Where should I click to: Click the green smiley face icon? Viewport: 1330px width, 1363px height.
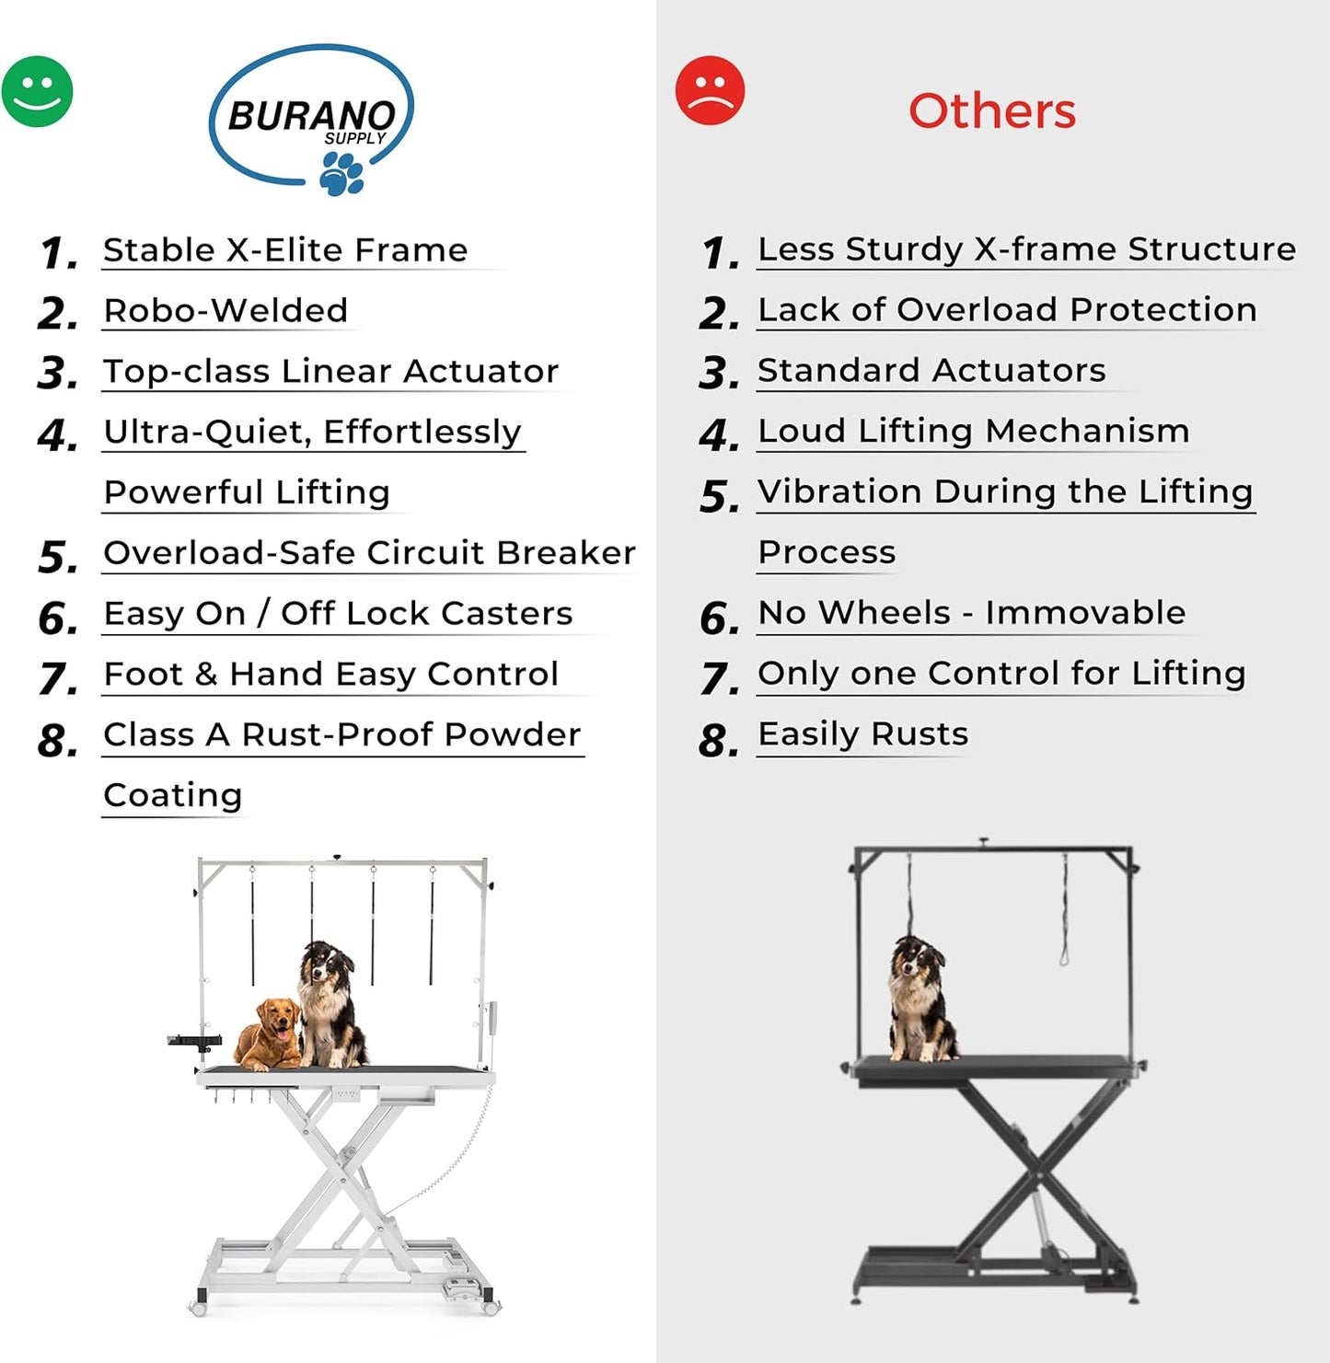[x=37, y=92]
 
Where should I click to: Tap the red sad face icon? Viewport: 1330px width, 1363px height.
[x=710, y=90]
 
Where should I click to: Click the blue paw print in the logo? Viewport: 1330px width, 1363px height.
[x=341, y=173]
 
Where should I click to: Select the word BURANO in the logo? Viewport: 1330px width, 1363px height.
[x=310, y=116]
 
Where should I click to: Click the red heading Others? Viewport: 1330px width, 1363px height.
[x=991, y=111]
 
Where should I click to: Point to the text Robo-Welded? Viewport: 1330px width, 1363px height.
[x=226, y=311]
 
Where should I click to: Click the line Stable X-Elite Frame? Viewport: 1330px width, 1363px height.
[x=285, y=250]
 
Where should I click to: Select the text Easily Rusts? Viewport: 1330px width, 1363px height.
[x=862, y=734]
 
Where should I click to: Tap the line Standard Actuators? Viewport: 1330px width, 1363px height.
[x=931, y=371]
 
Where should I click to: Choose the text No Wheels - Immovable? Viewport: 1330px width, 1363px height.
[x=971, y=613]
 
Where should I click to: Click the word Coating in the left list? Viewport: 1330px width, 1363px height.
[x=173, y=795]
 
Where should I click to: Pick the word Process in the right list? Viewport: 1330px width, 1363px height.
[x=827, y=552]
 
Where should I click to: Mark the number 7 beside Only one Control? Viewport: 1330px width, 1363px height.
[x=718, y=679]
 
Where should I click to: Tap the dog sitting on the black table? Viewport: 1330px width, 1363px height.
[x=920, y=1001]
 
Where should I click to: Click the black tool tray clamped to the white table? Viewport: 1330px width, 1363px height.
[x=195, y=1041]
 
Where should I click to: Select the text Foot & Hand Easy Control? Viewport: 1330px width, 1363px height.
[x=330, y=675]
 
